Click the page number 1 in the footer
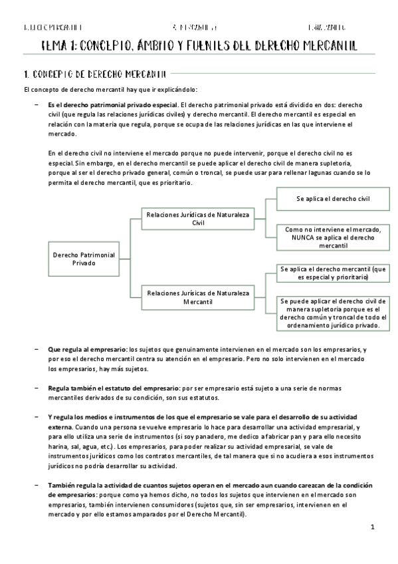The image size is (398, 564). tap(373, 527)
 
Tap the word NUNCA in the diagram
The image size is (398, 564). tap(295, 237)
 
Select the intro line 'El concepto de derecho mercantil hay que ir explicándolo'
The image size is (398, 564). tap(110, 90)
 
